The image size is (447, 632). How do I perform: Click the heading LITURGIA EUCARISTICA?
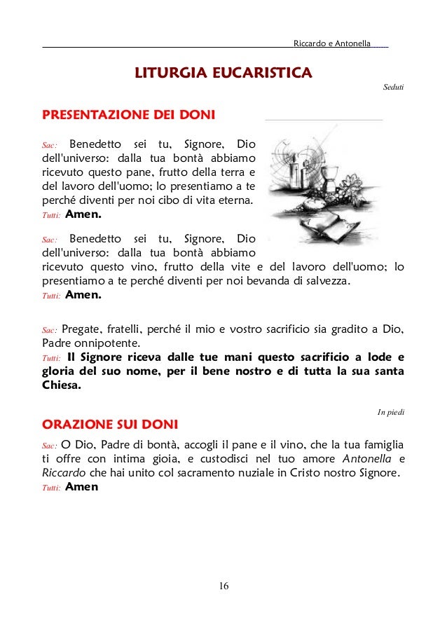pos(224,73)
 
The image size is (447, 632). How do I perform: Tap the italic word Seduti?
pos(394,88)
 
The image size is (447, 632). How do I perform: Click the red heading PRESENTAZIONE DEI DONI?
pos(129,114)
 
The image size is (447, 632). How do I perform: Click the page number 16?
pos(224,586)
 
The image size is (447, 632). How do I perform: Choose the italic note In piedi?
pos(390,411)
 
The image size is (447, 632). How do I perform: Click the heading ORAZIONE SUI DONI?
pos(110,425)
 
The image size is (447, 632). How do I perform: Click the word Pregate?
pos(81,330)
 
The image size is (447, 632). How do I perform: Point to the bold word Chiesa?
pos(61,385)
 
